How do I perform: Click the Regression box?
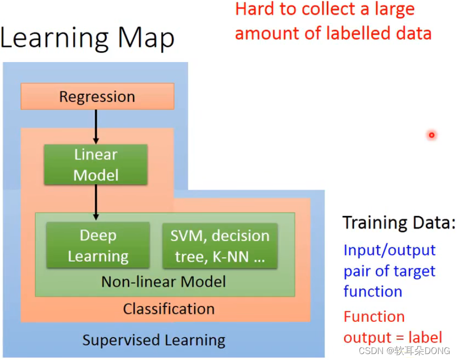pos(97,96)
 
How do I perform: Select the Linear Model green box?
pos(96,164)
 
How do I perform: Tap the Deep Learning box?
pos(98,245)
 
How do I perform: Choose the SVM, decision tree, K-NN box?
pos(220,246)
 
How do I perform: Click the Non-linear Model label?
pos(163,282)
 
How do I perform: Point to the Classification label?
pos(169,309)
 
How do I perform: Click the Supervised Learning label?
pos(153,341)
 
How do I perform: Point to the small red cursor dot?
pos(432,135)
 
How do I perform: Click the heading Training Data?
pos(399,222)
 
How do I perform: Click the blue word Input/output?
pos(389,250)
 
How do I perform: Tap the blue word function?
pos(373,291)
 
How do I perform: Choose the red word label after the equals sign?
pos(425,338)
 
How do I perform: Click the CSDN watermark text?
pos(374,352)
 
